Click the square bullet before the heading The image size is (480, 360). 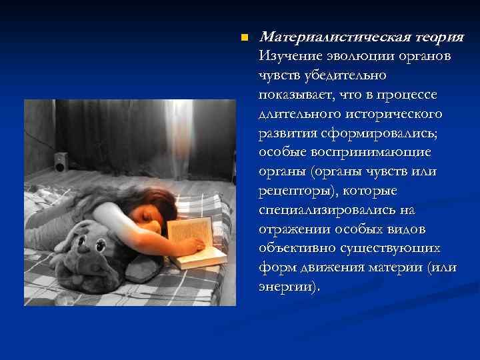coord(245,37)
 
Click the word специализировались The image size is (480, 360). coord(323,210)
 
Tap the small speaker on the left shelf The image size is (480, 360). coord(60,161)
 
